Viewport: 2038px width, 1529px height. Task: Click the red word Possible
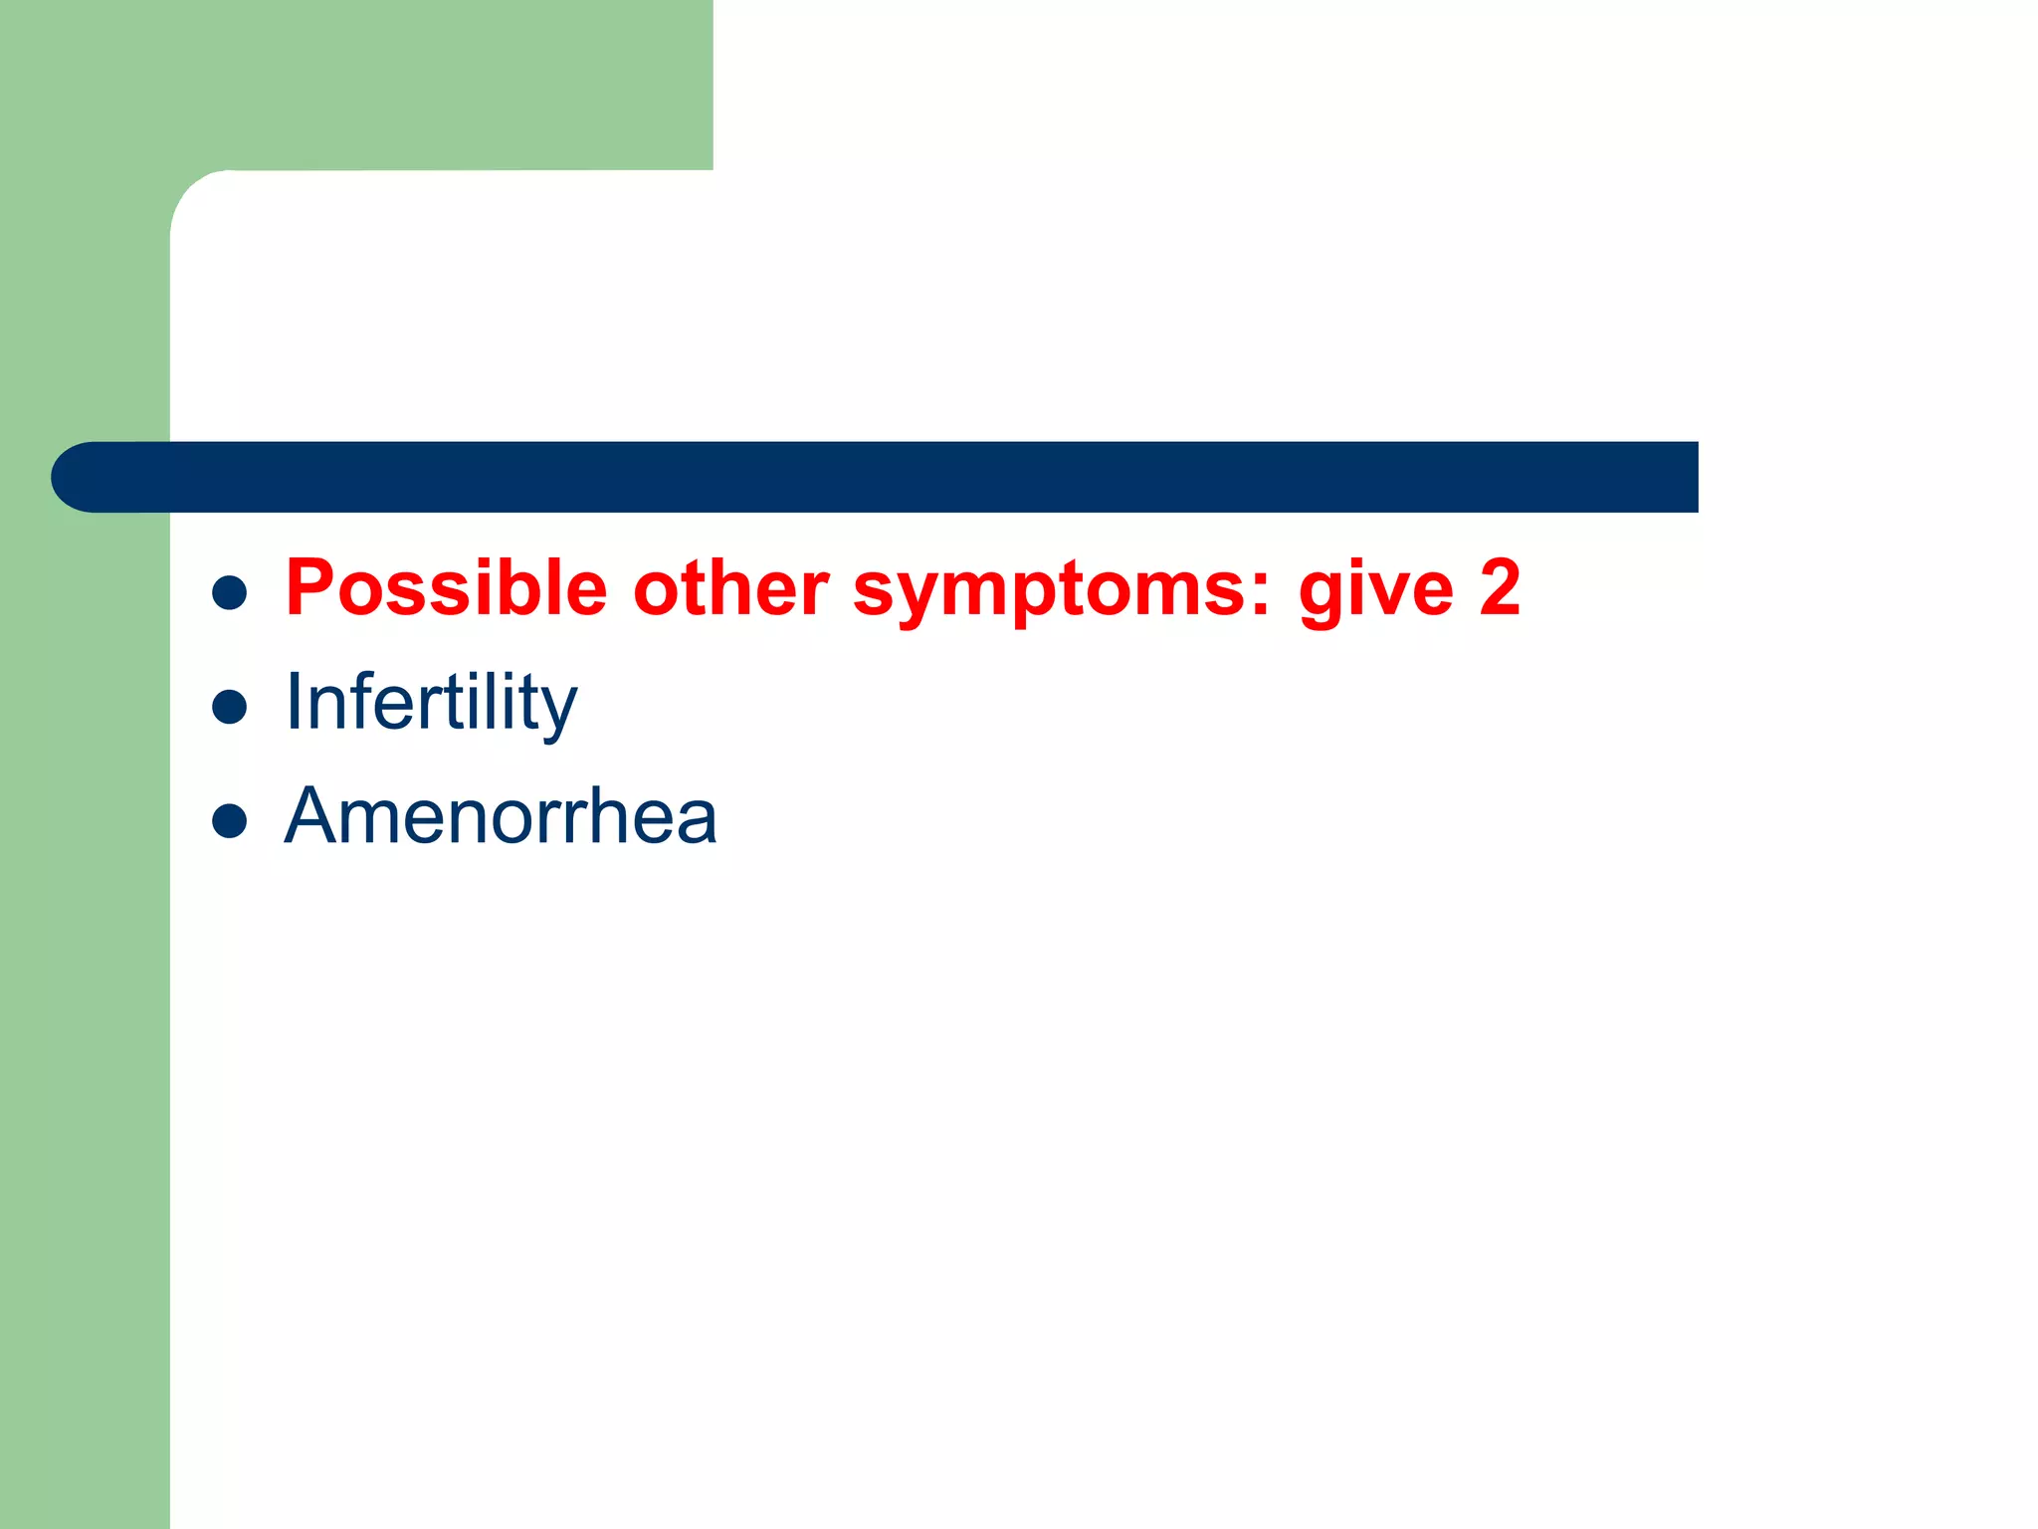tap(446, 589)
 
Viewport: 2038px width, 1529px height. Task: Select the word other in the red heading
tap(730, 589)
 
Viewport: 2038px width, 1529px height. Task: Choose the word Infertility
tap(430, 703)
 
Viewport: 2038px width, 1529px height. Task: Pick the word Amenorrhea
tap(500, 816)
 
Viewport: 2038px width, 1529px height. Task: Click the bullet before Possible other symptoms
tap(230, 593)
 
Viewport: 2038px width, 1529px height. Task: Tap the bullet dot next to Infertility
tap(230, 707)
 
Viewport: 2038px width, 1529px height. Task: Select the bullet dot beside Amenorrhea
tap(230, 821)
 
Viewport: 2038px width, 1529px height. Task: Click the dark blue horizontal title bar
tap(896, 477)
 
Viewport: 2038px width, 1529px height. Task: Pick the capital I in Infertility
tap(294, 701)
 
